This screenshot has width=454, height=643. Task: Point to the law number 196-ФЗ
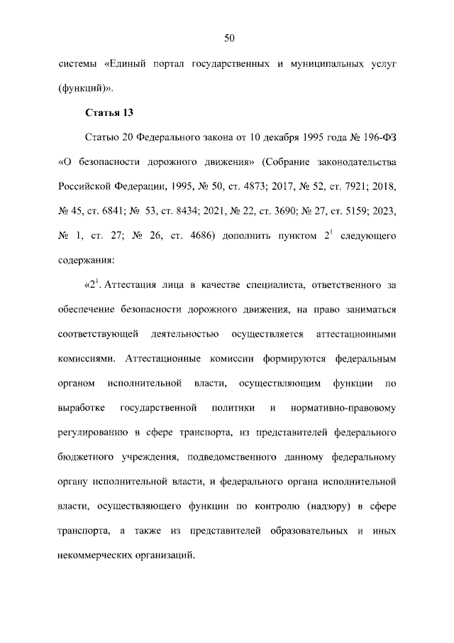[x=378, y=138]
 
